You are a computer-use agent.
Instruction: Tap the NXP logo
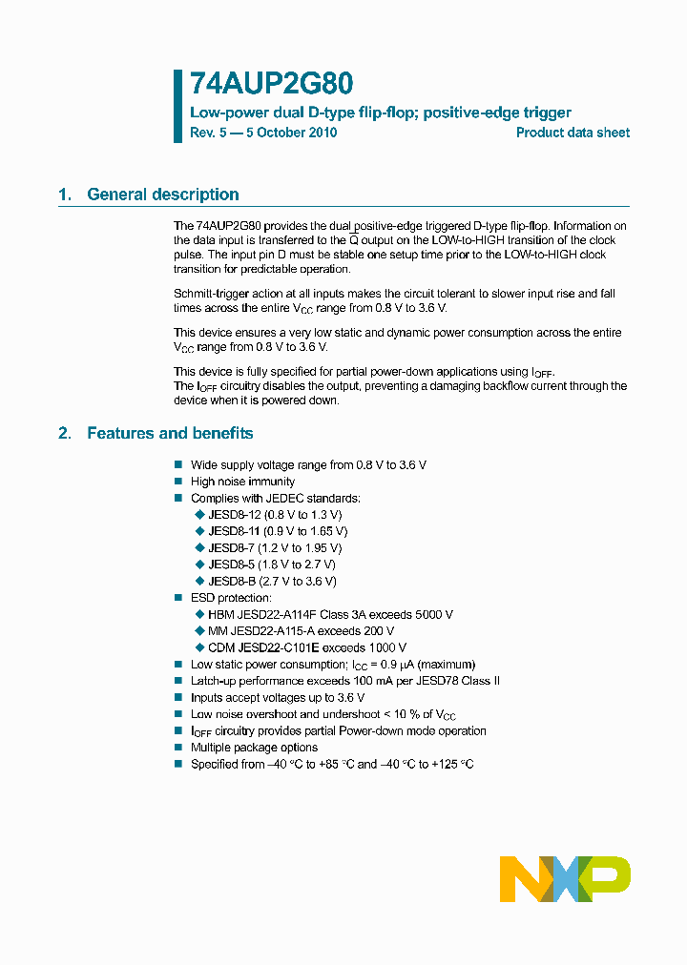coord(564,878)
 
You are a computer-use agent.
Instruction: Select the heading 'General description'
coord(163,195)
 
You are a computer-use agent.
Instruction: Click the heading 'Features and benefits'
coord(170,433)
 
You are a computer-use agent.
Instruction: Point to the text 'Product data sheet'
coord(572,133)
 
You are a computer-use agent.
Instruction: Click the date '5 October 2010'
coord(291,133)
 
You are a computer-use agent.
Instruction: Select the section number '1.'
coord(65,195)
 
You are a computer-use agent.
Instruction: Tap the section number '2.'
coord(65,433)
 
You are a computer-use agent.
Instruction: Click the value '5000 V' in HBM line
coord(431,614)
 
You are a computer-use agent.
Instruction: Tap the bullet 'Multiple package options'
coord(254,748)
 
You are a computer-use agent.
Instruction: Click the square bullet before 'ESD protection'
coord(177,598)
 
